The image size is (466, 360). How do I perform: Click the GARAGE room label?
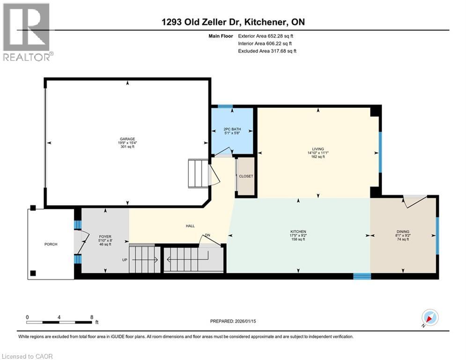click(x=127, y=139)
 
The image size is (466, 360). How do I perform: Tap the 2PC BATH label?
click(x=232, y=129)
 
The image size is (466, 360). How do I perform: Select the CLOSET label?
click(x=246, y=176)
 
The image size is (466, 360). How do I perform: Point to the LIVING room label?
click(x=318, y=149)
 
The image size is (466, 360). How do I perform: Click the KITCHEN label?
click(x=298, y=232)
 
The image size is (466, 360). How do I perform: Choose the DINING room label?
click(x=403, y=232)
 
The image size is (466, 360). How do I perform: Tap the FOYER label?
click(x=105, y=237)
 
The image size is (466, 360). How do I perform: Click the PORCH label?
click(x=51, y=244)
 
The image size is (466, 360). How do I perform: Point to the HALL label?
click(x=190, y=226)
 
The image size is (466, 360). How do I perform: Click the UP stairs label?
click(x=125, y=260)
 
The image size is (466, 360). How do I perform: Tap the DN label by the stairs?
click(x=207, y=235)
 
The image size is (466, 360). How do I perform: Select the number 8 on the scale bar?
click(x=91, y=317)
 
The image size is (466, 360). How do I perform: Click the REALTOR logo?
click(x=27, y=32)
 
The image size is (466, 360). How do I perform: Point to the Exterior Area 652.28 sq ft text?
click(x=266, y=36)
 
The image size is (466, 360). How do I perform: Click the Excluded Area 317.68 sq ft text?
click(x=267, y=51)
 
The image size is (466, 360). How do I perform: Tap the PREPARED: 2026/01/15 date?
click(x=233, y=321)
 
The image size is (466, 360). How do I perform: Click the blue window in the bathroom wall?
click(x=225, y=106)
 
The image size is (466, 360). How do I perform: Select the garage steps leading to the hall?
click(x=198, y=173)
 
